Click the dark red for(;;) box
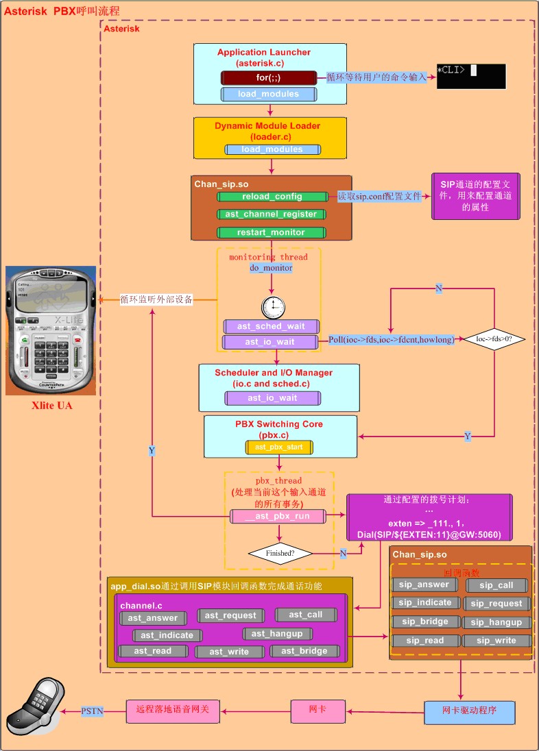coord(269,77)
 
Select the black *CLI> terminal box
coord(471,77)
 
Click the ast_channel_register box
coord(271,214)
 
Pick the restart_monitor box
coord(271,232)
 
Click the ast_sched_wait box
coord(271,326)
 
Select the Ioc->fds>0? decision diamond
coord(494,338)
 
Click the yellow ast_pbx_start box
coord(279,447)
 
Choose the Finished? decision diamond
coord(280,552)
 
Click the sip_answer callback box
coord(425,585)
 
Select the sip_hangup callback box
coord(497,622)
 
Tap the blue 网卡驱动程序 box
coord(468,713)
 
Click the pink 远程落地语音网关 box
coord(173,711)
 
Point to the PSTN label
coord(93,711)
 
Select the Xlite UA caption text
coord(51,406)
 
